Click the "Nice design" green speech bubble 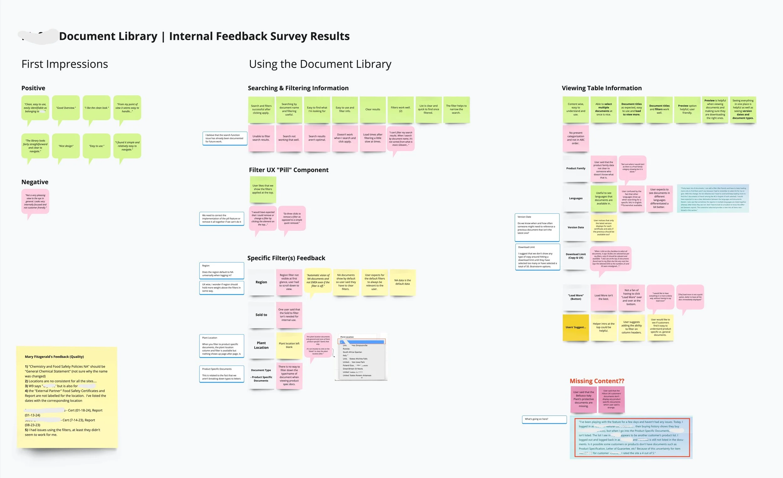tap(66, 146)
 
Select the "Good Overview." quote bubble tap(66, 108)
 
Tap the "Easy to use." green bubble tap(96, 146)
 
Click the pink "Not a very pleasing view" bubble tap(35, 201)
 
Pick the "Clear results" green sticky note tap(373, 109)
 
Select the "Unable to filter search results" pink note tap(261, 138)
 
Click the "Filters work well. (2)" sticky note tap(400, 109)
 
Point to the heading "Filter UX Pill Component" tap(288, 170)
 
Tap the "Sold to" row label tap(261, 314)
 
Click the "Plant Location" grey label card tap(261, 345)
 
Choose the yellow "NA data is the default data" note tap(402, 282)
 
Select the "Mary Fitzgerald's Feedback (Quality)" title tap(54, 356)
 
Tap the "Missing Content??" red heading tap(597, 381)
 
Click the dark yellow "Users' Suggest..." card tap(575, 327)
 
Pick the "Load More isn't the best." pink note tap(604, 297)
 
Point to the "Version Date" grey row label tap(575, 227)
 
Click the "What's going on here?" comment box tap(544, 419)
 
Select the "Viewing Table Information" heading tap(602, 88)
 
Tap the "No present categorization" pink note tap(575, 138)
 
